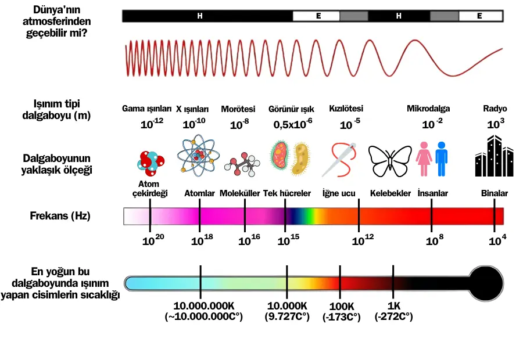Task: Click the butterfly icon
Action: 390,161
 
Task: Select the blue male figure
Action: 442,158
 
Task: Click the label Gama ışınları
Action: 147,109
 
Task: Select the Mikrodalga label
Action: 428,109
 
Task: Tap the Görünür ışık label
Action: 291,109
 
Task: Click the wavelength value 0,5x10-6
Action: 292,124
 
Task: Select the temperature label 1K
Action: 394,306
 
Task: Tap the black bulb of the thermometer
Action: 486,283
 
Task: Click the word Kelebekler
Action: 391,193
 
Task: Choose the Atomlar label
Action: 199,193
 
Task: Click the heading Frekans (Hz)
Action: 60,216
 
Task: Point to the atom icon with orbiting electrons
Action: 199,156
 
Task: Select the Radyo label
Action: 495,109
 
